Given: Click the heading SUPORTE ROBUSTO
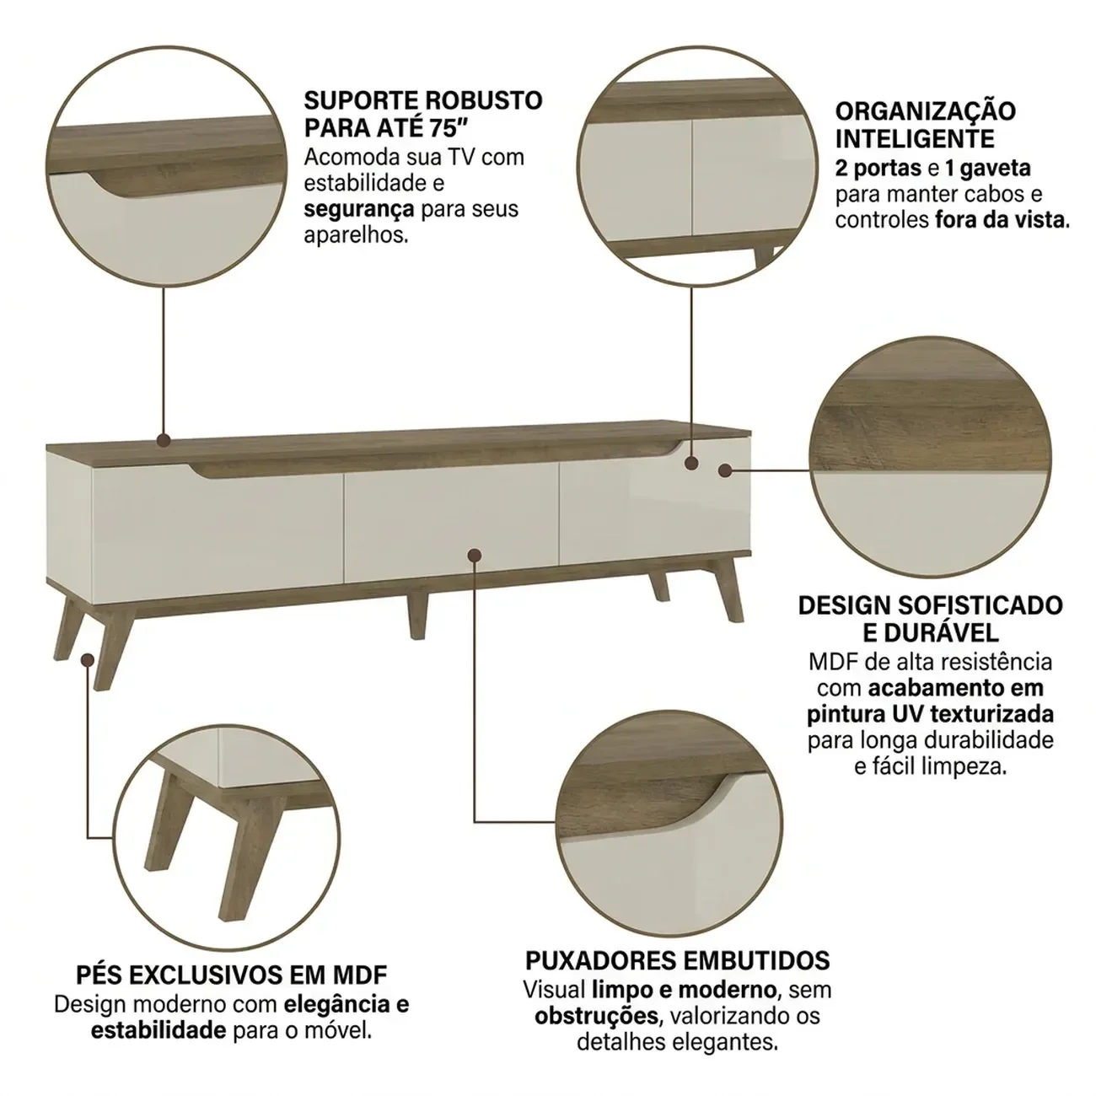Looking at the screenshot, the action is (x=423, y=100).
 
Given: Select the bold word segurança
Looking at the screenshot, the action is (x=359, y=209).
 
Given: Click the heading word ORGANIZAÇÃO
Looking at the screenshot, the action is (x=926, y=112).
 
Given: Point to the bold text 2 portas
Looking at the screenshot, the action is (x=878, y=169).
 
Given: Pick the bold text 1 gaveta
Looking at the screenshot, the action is (x=988, y=169).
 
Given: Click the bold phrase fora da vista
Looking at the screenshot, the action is (x=1002, y=219).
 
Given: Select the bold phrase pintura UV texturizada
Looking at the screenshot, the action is (x=930, y=714).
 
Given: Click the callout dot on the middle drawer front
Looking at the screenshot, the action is (x=475, y=555).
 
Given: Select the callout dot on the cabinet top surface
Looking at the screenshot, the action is (x=164, y=440).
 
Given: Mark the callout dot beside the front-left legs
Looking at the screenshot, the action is (x=87, y=660).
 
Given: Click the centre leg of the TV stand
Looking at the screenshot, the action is (x=416, y=616).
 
